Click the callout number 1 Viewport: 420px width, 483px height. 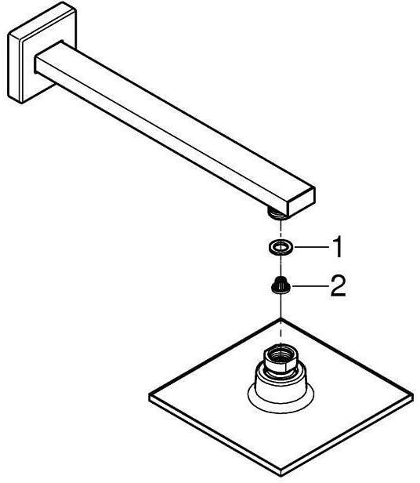[x=338, y=247]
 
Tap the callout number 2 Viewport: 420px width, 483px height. [x=338, y=286]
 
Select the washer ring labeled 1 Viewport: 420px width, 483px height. [x=281, y=247]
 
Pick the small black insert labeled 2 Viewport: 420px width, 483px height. [x=281, y=285]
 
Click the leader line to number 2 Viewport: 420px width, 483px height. [x=309, y=286]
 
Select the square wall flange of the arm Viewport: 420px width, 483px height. [x=42, y=53]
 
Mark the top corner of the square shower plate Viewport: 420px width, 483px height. [x=281, y=319]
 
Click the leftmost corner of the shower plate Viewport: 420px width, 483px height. [x=150, y=394]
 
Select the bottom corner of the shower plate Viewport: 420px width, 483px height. [x=281, y=476]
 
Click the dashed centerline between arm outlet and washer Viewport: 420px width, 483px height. [x=281, y=230]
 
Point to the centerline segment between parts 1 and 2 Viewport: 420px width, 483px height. [x=281, y=265]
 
